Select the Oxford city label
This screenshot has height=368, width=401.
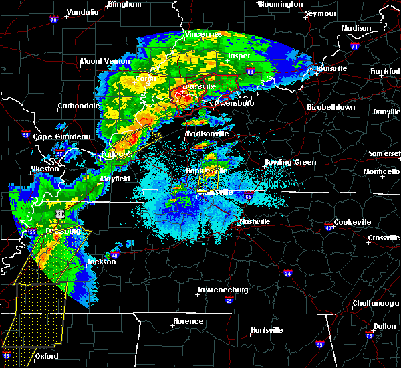pyautogui.click(x=47, y=356)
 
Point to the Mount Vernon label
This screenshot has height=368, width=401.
pyautogui.click(x=104, y=61)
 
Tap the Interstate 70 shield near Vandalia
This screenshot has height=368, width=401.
pyautogui.click(x=53, y=20)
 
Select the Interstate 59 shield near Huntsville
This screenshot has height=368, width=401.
pyautogui.click(x=320, y=345)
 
